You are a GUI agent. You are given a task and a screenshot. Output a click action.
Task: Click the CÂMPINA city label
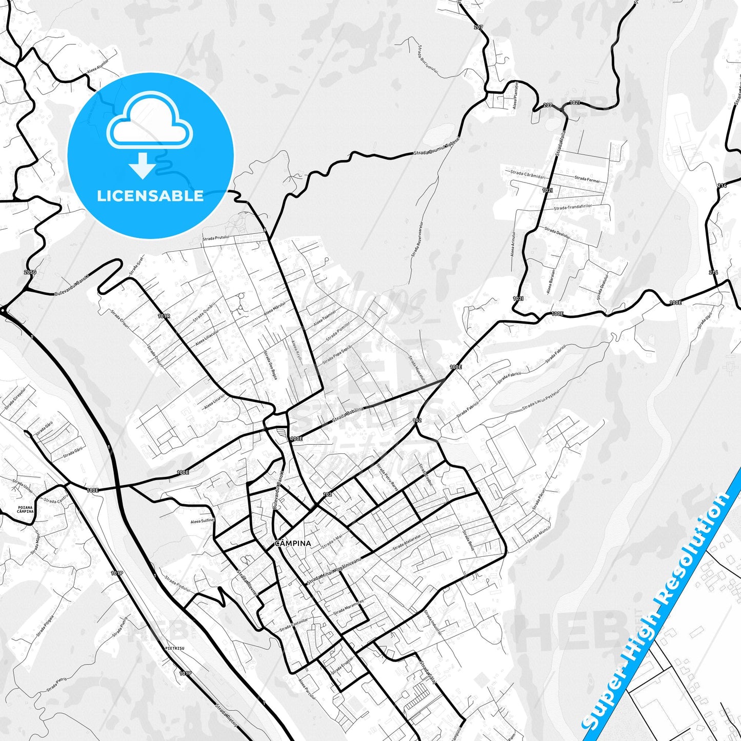point(293,543)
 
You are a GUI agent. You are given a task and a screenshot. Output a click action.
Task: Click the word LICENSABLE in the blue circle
point(150,196)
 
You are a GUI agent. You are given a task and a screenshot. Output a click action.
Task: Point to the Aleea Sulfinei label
point(202,520)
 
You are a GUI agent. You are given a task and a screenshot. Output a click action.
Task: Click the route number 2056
point(30,272)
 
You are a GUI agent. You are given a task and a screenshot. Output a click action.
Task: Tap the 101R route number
point(164,316)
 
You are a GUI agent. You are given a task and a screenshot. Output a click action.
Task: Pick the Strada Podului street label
point(177,584)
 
